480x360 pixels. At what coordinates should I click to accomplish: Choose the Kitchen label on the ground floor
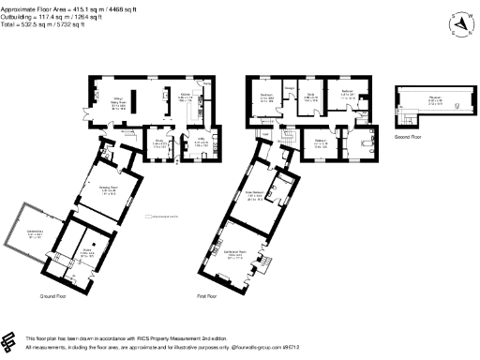click(186, 95)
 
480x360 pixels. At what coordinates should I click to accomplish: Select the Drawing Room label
click(108, 188)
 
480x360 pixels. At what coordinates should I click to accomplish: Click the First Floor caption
click(207, 295)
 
